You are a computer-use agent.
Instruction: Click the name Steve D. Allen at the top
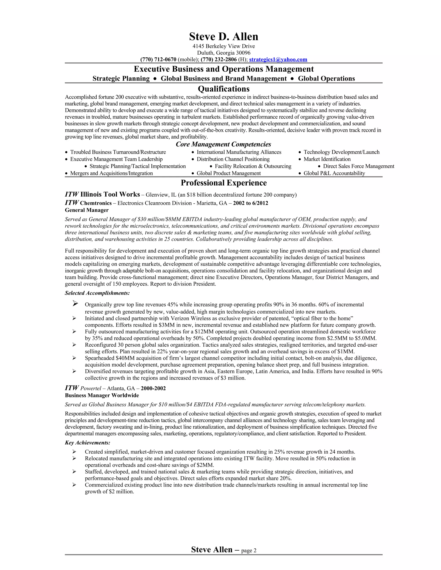pos(224,37)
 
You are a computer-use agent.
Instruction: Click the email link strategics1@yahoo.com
pos(278,60)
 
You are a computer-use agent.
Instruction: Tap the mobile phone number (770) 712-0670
pos(158,60)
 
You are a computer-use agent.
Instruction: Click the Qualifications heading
pos(224,89)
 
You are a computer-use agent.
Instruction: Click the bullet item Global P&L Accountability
pos(334,173)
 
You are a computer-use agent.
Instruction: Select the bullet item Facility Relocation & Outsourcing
pos(253,166)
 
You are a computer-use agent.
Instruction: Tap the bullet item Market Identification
pos(327,159)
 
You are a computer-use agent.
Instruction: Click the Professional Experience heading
pos(224,183)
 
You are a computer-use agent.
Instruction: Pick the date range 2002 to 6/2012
pos(251,203)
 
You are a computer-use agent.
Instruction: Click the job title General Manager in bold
pos(87,210)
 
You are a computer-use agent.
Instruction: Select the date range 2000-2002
pos(153,388)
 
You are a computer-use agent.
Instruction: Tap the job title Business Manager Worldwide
pos(102,395)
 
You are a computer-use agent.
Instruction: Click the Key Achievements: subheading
pos(87,443)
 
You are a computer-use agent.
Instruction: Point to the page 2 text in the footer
pos(249,551)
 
